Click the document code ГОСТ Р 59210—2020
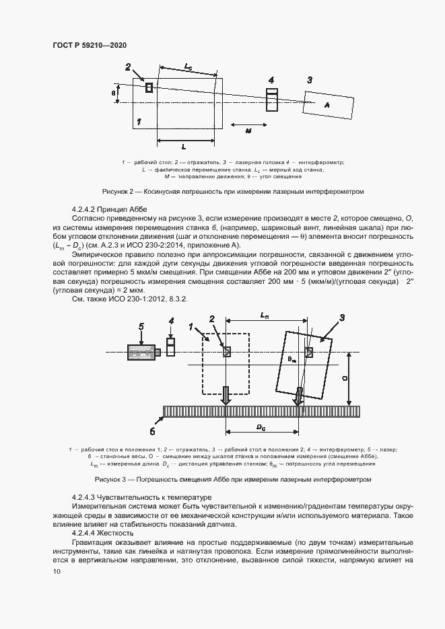tap(89, 44)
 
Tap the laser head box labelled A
tap(328, 105)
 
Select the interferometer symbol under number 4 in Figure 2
tap(271, 99)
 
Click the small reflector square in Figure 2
tap(149, 87)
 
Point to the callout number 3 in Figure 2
tap(309, 80)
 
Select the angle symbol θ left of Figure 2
tap(113, 93)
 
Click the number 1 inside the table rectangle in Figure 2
tap(138, 121)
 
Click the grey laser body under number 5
tap(141, 352)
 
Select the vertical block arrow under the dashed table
tap(227, 395)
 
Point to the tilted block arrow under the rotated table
tap(297, 396)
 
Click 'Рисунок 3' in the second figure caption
tap(113, 479)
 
